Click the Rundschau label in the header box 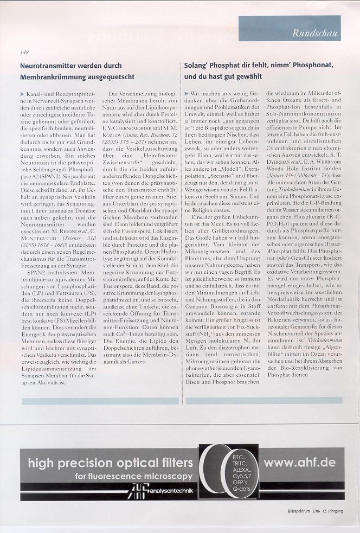[315, 33]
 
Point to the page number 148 [24, 53]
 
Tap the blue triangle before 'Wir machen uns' [188, 95]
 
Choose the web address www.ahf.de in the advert [300, 463]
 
